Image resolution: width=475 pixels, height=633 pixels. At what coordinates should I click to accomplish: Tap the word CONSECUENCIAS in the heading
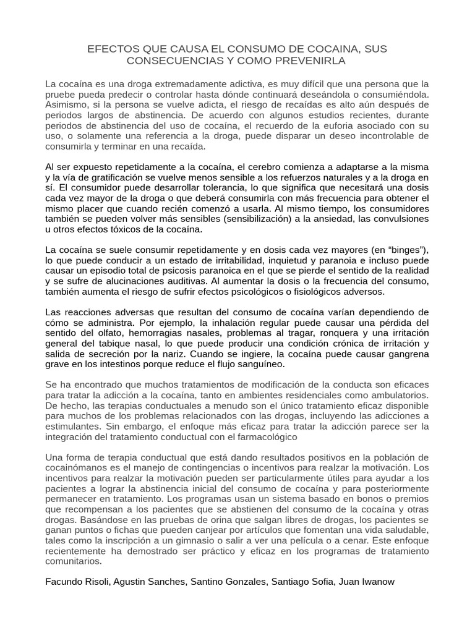(x=175, y=61)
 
